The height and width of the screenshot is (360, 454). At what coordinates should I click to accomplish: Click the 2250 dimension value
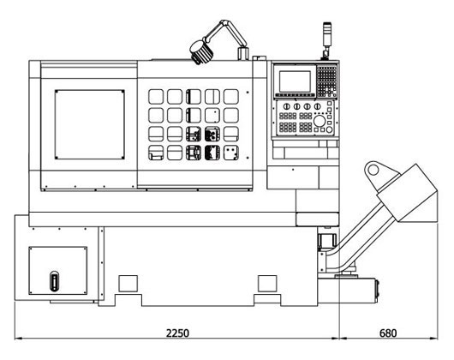(177, 333)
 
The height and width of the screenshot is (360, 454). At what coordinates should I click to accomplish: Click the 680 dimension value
(388, 333)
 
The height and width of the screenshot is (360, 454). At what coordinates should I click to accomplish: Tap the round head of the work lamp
(201, 52)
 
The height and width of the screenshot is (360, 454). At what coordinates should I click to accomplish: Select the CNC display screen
(295, 81)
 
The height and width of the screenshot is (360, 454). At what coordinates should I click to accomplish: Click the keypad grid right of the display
(327, 81)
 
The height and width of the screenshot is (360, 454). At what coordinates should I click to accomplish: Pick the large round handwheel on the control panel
(320, 121)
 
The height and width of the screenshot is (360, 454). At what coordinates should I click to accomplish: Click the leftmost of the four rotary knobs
(286, 106)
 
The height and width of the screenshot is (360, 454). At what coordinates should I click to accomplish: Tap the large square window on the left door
(90, 124)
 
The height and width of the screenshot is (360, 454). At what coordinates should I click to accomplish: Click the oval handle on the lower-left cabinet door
(54, 281)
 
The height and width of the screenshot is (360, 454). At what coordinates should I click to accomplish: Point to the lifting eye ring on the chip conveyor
(373, 170)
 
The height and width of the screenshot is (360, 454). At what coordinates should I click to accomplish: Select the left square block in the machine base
(128, 284)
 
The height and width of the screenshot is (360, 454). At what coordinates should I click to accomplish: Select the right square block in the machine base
(267, 284)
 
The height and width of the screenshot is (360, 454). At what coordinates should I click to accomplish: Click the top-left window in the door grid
(156, 97)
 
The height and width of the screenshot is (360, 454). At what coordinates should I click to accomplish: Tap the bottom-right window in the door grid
(231, 153)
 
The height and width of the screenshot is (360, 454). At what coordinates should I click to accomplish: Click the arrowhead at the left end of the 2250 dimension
(18, 338)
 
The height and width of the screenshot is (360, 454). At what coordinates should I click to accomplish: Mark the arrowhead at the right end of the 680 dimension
(434, 338)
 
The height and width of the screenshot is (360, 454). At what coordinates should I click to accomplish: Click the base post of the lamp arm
(243, 54)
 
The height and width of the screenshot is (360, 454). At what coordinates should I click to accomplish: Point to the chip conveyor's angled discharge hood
(408, 193)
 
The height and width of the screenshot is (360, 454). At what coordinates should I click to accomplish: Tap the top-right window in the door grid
(231, 97)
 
